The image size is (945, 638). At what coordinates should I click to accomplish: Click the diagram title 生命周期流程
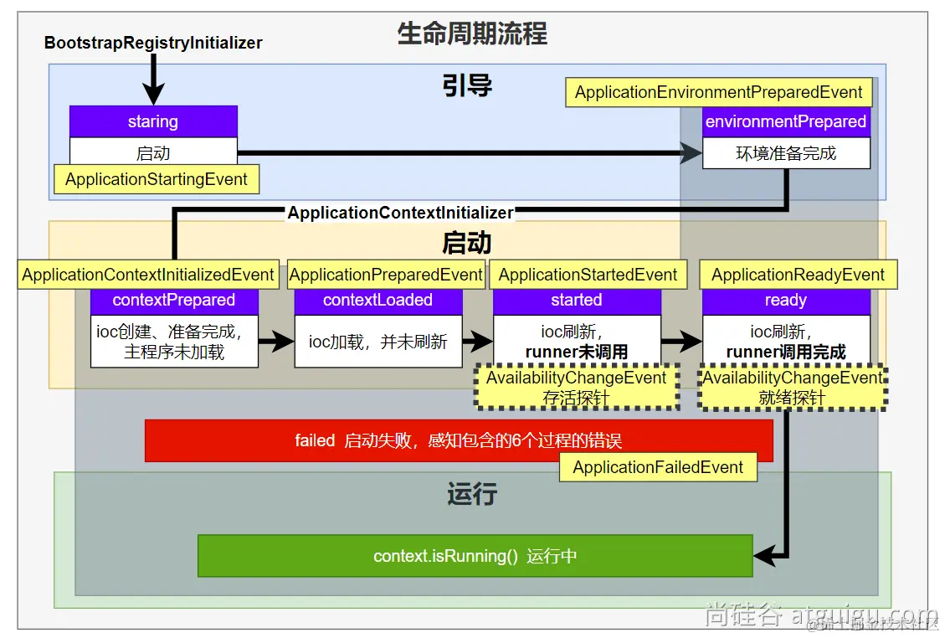pos(472,34)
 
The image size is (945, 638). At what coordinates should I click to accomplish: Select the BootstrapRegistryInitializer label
pos(153,43)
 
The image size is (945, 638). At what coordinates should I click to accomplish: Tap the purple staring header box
pos(153,121)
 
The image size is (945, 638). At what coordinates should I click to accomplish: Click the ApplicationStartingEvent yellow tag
pos(157,179)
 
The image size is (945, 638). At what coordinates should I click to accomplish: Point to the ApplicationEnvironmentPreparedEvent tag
pos(719,92)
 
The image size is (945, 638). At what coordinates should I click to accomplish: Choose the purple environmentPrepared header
pos(786,121)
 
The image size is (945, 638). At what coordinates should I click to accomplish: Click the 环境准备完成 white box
pos(786,153)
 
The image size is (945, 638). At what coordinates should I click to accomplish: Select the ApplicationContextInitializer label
pos(400,213)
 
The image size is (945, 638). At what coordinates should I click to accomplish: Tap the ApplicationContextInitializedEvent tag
pos(148,275)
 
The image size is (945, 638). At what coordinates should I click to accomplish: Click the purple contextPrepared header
pos(174,301)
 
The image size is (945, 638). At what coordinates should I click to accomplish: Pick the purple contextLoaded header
pos(377,301)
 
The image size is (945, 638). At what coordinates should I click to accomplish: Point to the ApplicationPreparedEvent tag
pos(386,275)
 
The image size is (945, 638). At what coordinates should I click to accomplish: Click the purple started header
pos(577,301)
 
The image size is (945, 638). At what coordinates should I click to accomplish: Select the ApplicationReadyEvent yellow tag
pos(798,275)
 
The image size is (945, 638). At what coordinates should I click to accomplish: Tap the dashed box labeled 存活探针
pos(576,388)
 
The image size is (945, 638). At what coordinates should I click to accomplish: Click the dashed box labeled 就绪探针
pos(793,388)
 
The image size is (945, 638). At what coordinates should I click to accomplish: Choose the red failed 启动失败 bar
pos(459,440)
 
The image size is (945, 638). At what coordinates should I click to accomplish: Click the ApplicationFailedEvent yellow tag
pos(658,467)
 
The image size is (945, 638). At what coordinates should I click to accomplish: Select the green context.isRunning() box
pos(475,556)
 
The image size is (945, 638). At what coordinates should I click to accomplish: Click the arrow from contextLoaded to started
pos(477,341)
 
